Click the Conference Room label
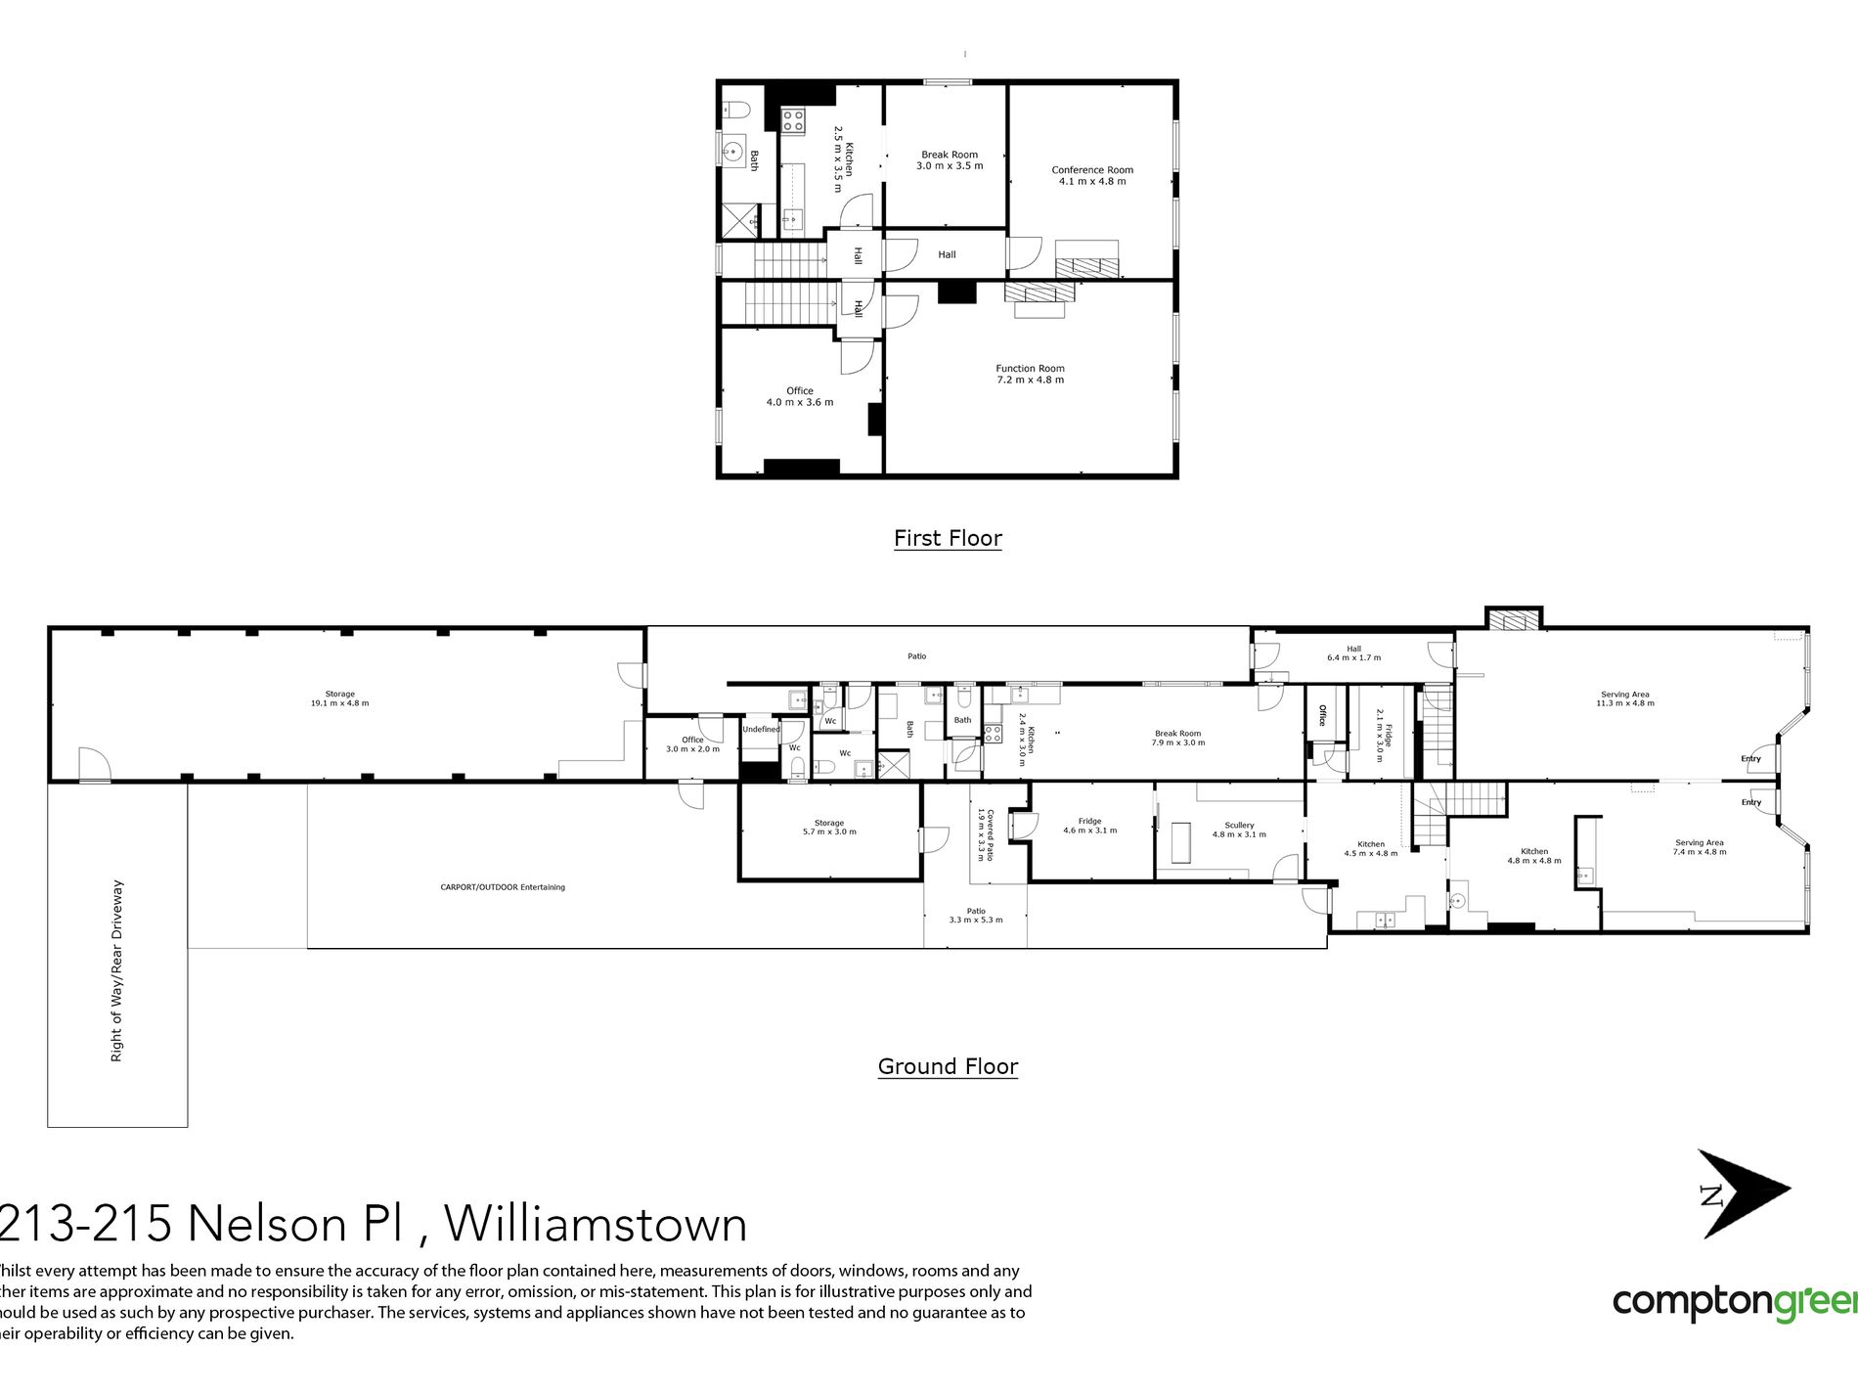coord(1092,175)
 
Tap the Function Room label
coord(1030,374)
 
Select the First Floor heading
coord(948,538)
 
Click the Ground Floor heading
coord(948,1066)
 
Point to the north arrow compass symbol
coord(1741,1193)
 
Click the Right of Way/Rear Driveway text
coord(117,970)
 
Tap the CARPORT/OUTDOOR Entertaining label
coord(503,887)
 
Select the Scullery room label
coord(1239,830)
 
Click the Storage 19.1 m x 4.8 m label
coord(340,698)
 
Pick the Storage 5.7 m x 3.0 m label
coord(829,828)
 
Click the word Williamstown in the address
coord(597,1224)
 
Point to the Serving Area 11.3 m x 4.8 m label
coord(1625,698)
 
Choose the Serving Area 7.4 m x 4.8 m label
coord(1700,847)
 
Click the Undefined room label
coord(761,729)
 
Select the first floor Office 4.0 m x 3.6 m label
coord(800,396)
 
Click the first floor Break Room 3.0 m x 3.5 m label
coord(950,159)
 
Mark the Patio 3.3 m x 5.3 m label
coord(976,915)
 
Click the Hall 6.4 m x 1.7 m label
coord(1353,652)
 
